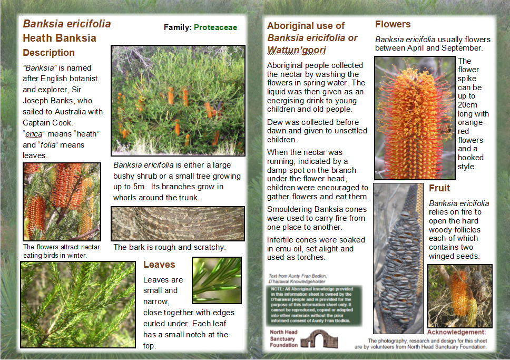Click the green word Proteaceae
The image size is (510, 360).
215,27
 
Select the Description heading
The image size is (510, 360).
48,53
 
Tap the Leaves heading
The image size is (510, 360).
159,265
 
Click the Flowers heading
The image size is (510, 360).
393,24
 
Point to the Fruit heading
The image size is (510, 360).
439,188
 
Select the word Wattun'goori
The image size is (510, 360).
297,50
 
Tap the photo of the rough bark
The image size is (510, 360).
178,223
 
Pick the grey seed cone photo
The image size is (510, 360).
398,258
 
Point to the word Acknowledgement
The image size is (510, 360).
456,332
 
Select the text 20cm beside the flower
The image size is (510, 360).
466,105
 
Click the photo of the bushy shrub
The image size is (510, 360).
178,100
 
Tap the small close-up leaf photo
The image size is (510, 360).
217,280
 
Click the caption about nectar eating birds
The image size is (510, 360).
55,251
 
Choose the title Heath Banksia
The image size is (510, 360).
60,38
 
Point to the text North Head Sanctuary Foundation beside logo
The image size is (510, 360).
283,339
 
